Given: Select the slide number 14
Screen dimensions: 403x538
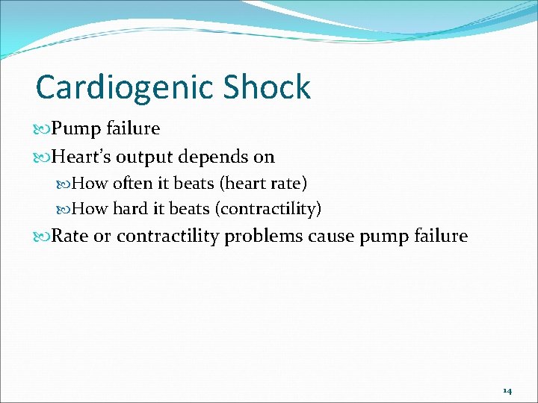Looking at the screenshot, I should coord(507,390).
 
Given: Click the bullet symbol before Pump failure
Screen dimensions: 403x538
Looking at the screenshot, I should coord(42,129).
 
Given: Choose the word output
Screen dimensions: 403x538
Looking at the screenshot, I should coord(141,157).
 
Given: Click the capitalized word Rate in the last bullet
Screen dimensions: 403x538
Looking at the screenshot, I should coord(69,237).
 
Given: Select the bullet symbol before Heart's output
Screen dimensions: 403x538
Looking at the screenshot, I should coord(42,157).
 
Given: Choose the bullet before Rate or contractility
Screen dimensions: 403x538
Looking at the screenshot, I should coord(42,237).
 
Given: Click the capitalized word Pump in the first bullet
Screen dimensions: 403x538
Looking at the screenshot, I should coord(72,129).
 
